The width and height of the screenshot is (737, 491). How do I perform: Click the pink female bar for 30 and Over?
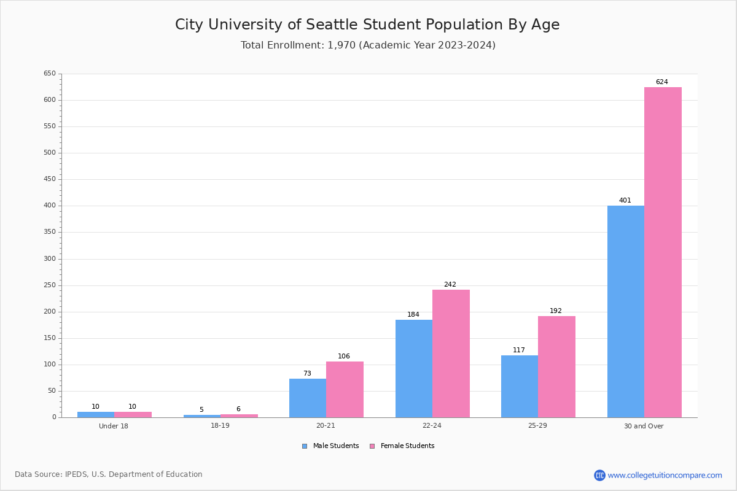point(663,252)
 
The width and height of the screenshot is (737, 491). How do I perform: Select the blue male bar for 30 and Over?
point(626,311)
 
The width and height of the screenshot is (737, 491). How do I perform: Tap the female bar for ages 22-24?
point(451,353)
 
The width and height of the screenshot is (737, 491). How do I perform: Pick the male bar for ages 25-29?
point(520,386)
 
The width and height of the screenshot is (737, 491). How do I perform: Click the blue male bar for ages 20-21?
point(308,398)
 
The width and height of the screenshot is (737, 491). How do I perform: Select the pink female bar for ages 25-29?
point(556,366)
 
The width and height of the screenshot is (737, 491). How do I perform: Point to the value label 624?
point(661,82)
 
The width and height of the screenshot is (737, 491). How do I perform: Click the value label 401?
point(625,201)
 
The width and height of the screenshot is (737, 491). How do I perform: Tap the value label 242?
point(450,285)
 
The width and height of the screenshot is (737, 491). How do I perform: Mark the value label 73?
point(307,374)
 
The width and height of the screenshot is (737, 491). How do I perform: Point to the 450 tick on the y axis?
point(49,179)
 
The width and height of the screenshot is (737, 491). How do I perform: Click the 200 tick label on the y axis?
point(49,312)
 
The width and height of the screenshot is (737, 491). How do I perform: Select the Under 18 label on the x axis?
point(114,426)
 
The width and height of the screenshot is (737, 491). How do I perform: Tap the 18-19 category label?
point(220,426)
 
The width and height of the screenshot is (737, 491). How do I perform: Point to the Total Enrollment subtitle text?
point(368,45)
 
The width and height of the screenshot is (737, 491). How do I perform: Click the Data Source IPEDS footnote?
point(108,474)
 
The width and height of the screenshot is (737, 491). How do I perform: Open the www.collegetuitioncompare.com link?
point(665,475)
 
